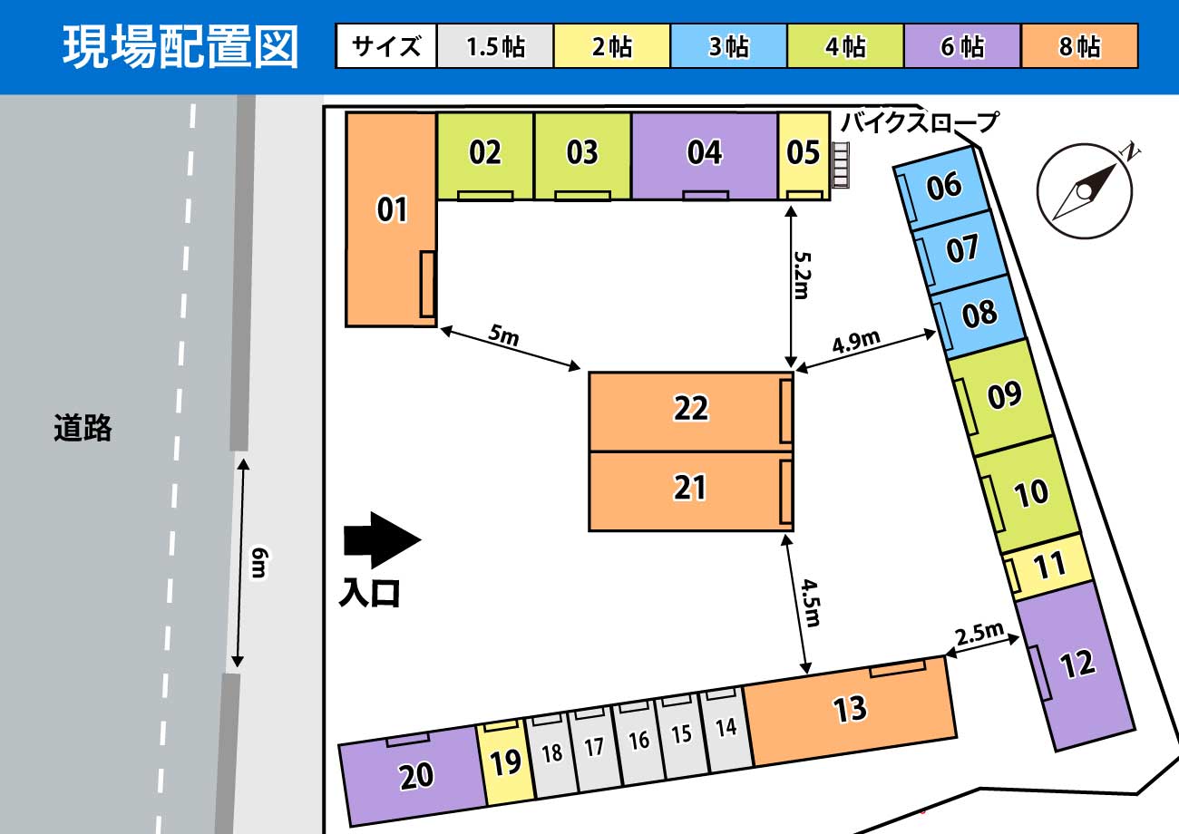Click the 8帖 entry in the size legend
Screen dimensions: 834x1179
(1079, 46)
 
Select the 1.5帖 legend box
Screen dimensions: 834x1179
(495, 46)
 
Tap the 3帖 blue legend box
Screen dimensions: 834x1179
(728, 46)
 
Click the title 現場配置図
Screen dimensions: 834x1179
(180, 47)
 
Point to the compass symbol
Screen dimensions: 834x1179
(1085, 191)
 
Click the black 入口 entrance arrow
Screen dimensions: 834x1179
(382, 540)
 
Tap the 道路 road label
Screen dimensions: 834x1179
(83, 427)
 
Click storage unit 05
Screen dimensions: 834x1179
(804, 152)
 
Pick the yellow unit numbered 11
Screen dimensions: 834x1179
(1050, 567)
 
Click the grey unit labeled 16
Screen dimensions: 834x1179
(638, 741)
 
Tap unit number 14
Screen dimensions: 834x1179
(726, 728)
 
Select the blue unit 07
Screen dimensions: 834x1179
(962, 248)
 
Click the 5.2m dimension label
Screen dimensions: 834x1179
(802, 274)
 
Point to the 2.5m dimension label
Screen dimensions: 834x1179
(979, 632)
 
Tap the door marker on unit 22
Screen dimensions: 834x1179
(786, 411)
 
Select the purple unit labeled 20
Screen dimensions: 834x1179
(415, 776)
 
